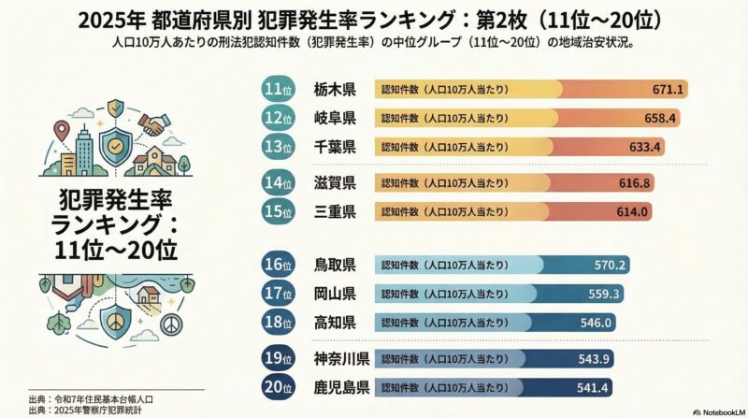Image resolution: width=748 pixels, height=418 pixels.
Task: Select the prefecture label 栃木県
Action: coord(335,90)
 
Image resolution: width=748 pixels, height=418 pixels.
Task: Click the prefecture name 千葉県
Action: coord(335,147)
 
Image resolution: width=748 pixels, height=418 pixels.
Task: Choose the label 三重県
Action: coord(335,211)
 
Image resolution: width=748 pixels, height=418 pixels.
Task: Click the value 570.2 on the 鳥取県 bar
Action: coord(610,265)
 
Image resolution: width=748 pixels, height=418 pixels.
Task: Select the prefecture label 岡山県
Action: coord(335,294)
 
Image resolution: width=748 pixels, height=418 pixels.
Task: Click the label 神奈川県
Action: coord(341,358)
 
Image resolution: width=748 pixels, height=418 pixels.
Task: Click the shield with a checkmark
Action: coord(115,147)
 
